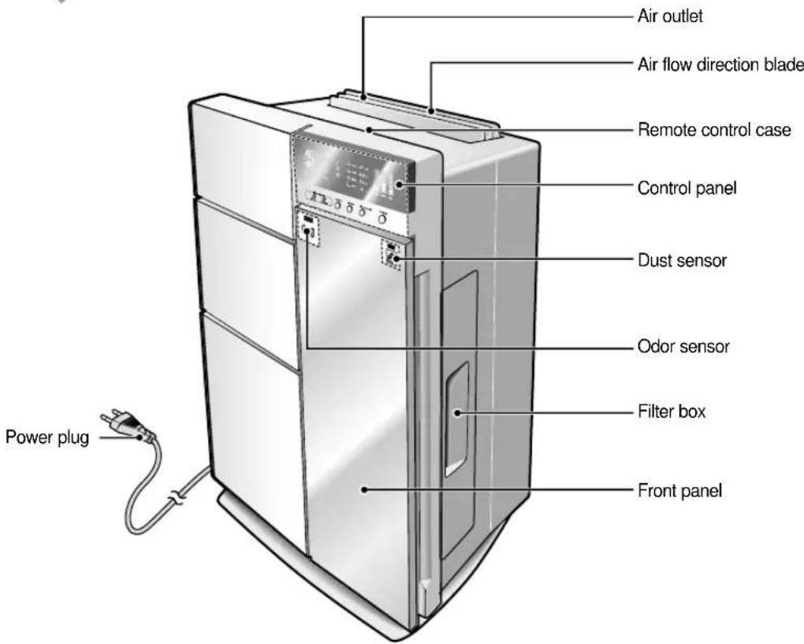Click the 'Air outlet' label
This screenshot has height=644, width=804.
[x=670, y=17]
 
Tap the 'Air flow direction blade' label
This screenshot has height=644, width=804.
[x=720, y=65]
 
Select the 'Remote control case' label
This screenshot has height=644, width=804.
[x=714, y=130]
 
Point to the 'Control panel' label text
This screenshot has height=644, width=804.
[x=687, y=188]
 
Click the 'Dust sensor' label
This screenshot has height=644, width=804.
[x=682, y=260]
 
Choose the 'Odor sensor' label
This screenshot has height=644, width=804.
[x=683, y=347]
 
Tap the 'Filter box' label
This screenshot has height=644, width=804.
[x=672, y=411]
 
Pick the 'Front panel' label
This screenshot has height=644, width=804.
[x=679, y=491]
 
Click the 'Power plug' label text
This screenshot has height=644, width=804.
[x=47, y=437]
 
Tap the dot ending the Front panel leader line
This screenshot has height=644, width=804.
[x=365, y=490]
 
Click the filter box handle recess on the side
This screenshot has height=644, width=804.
[x=456, y=418]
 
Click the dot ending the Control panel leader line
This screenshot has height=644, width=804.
[x=398, y=184]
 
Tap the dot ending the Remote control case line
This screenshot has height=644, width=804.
[x=369, y=130]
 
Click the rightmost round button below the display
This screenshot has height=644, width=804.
[x=382, y=219]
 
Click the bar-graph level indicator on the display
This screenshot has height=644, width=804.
[x=385, y=188]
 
